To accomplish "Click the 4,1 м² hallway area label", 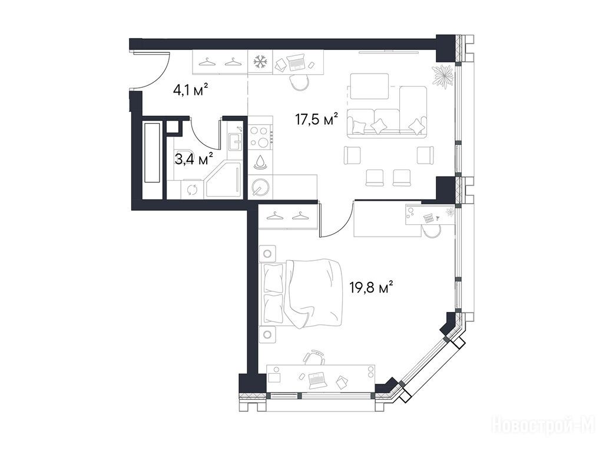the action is click(x=191, y=90).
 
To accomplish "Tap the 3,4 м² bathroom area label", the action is click(x=194, y=159).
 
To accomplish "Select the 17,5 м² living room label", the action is click(x=316, y=119).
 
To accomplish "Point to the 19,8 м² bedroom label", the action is click(x=371, y=287).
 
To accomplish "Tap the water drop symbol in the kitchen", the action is click(x=260, y=162).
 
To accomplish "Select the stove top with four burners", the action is click(x=260, y=137).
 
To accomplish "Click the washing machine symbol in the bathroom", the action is click(x=191, y=190).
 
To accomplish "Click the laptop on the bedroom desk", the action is click(x=317, y=379).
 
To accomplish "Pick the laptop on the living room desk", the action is click(x=296, y=62).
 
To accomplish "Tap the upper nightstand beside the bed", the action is click(x=268, y=253).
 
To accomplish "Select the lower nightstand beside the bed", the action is click(x=268, y=334).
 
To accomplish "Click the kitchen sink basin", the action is click(x=234, y=142).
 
